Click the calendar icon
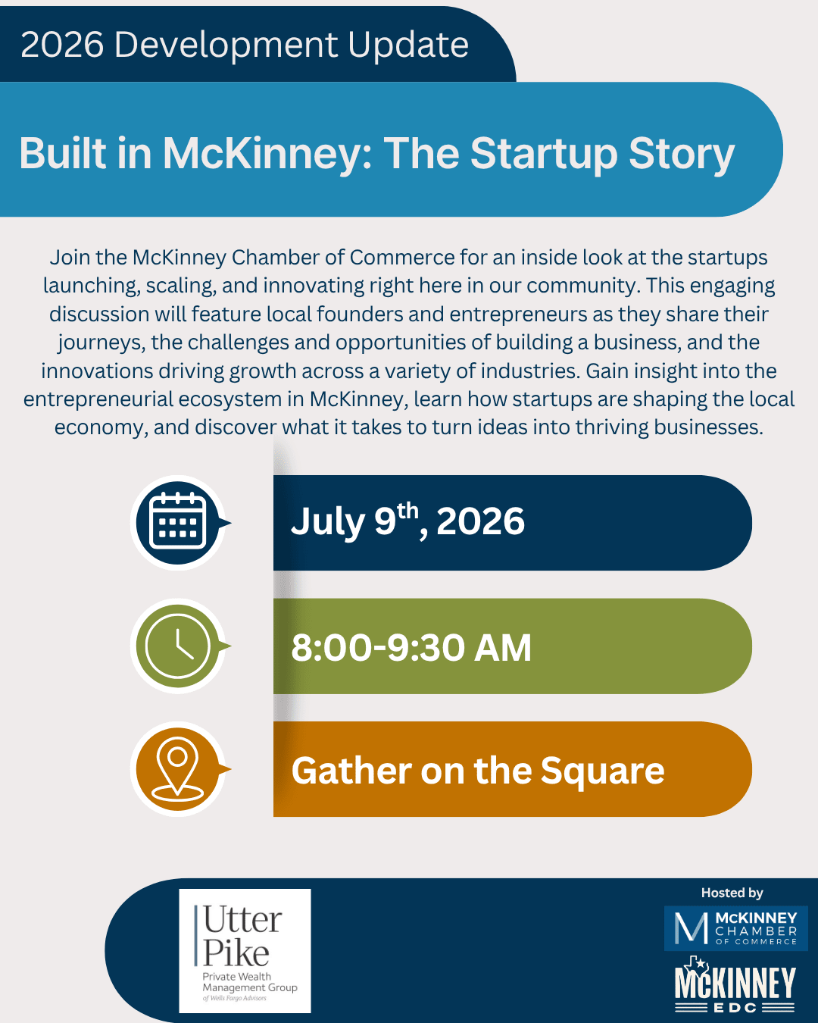pyautogui.click(x=178, y=521)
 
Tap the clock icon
pyautogui.click(x=178, y=646)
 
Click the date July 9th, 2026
pyautogui.click(x=407, y=521)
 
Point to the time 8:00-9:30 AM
pyautogui.click(x=411, y=647)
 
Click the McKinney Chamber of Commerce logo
pyautogui.click(x=735, y=928)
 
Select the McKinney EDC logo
pyautogui.click(x=735, y=984)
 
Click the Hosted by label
pyautogui.click(x=732, y=893)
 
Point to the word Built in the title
pyautogui.click(x=62, y=152)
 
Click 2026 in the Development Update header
pyautogui.click(x=62, y=45)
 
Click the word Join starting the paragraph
pyautogui.click(x=70, y=257)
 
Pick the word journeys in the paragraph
pyautogui.click(x=101, y=343)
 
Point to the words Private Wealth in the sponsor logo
pyautogui.click(x=237, y=977)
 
